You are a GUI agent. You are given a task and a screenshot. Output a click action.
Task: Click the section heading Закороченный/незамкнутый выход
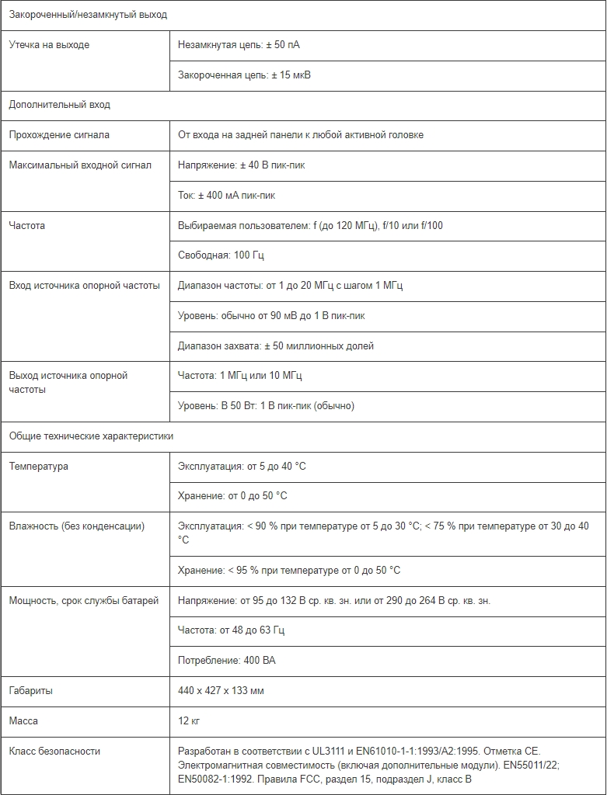coord(88,15)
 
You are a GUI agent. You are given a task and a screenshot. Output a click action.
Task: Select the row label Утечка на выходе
coord(49,45)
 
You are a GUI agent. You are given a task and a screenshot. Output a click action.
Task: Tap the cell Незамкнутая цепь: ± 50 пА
coord(239,45)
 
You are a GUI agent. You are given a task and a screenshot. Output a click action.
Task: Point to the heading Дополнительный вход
coord(60,105)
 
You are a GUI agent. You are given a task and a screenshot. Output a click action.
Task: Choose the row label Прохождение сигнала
coord(59,135)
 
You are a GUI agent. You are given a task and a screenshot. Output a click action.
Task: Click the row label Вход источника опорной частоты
coord(84,286)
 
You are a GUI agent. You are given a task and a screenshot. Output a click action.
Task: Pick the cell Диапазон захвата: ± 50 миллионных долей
coord(275,345)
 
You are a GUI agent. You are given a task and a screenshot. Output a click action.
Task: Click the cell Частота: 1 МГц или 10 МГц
coord(240,376)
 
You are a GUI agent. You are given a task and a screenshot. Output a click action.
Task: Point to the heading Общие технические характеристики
coord(91,436)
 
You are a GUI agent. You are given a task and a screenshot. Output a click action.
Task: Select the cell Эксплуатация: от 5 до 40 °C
coord(242,467)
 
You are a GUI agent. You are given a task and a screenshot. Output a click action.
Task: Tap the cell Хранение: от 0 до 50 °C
coord(232,495)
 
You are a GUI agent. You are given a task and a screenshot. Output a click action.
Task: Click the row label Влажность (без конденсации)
coord(76,526)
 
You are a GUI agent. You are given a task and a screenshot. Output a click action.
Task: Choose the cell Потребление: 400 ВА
coord(226,661)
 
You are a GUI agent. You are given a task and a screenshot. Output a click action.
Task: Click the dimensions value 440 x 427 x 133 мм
coord(221,691)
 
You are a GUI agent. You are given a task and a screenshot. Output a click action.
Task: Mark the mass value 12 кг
coord(189,721)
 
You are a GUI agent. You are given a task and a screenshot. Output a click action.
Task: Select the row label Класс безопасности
coord(54,752)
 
